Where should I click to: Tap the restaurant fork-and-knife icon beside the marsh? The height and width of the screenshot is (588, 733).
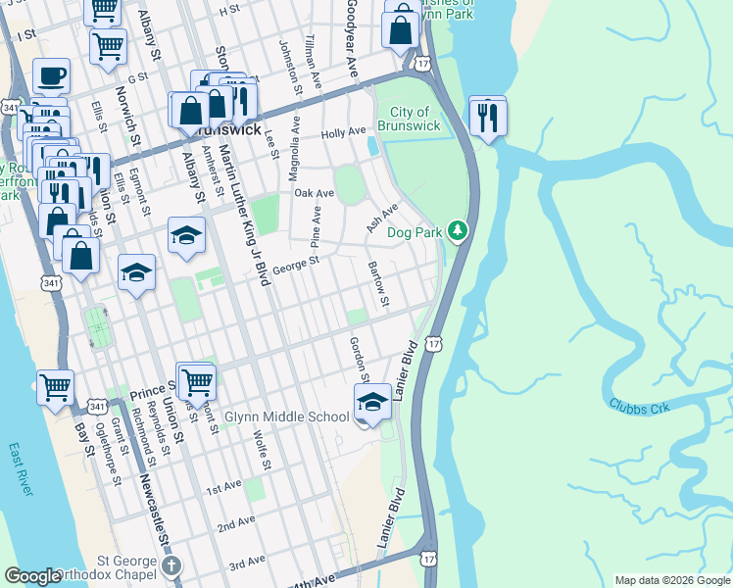point(487,119)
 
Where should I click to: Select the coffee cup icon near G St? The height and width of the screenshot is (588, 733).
point(51,76)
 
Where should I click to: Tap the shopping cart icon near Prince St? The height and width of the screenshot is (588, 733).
point(197,381)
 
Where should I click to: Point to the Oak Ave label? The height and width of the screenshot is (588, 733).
point(315,194)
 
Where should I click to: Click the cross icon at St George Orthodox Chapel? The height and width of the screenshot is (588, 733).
point(171,565)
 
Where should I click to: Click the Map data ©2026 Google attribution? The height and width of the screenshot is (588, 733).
point(671,580)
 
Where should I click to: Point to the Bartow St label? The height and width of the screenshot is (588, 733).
point(378,282)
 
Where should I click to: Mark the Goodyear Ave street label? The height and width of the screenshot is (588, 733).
point(350,39)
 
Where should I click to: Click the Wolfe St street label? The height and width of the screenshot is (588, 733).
point(260,448)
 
